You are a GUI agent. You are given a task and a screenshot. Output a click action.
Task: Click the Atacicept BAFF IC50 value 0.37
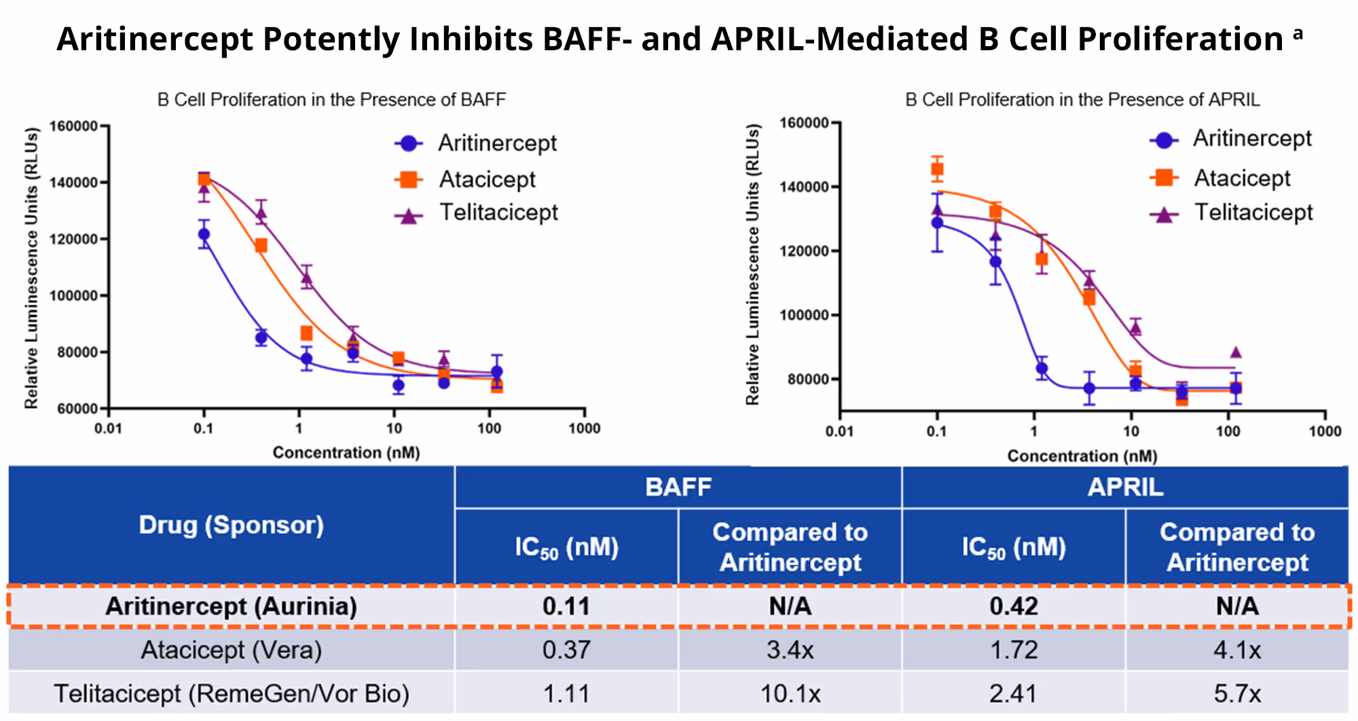(x=566, y=650)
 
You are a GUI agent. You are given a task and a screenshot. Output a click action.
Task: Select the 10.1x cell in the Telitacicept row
(x=790, y=694)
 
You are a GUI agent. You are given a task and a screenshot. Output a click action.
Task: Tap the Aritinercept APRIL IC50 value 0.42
(x=1013, y=606)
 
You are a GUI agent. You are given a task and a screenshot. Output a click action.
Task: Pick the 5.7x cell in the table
(x=1236, y=694)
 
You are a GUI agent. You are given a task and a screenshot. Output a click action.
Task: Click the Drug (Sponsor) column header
(x=231, y=525)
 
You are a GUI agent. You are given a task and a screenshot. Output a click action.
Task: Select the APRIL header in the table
(x=1125, y=487)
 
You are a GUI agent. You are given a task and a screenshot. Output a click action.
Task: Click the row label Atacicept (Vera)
(x=231, y=650)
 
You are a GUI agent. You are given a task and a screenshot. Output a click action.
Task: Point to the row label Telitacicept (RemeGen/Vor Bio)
(x=231, y=694)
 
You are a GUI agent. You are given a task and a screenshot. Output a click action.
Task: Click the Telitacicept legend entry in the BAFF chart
(x=498, y=212)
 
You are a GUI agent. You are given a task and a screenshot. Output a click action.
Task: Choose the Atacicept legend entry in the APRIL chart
(x=1241, y=178)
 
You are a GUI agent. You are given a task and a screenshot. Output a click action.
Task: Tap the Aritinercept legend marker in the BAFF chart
(x=409, y=143)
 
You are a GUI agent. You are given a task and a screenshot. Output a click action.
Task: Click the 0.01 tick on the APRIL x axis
(x=839, y=431)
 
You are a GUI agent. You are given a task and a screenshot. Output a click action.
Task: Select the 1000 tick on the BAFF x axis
(x=584, y=428)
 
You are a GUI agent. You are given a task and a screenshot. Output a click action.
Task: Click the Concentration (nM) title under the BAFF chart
(x=346, y=452)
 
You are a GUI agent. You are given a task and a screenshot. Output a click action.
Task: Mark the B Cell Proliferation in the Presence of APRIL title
(x=1082, y=100)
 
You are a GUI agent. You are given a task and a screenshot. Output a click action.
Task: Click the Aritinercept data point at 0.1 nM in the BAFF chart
(x=204, y=234)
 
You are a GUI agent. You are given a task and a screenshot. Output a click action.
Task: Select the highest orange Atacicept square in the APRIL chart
(x=937, y=169)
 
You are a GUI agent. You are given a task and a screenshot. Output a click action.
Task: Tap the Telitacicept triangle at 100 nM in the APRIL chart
(x=1236, y=352)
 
